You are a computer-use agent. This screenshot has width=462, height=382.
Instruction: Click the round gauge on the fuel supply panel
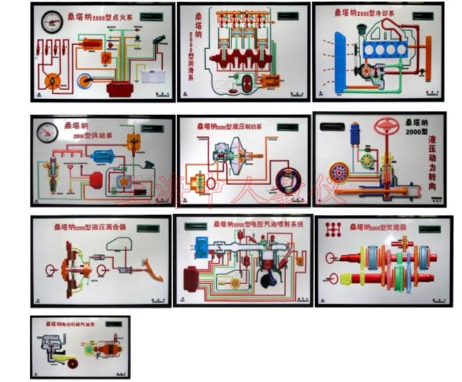[48, 134]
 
